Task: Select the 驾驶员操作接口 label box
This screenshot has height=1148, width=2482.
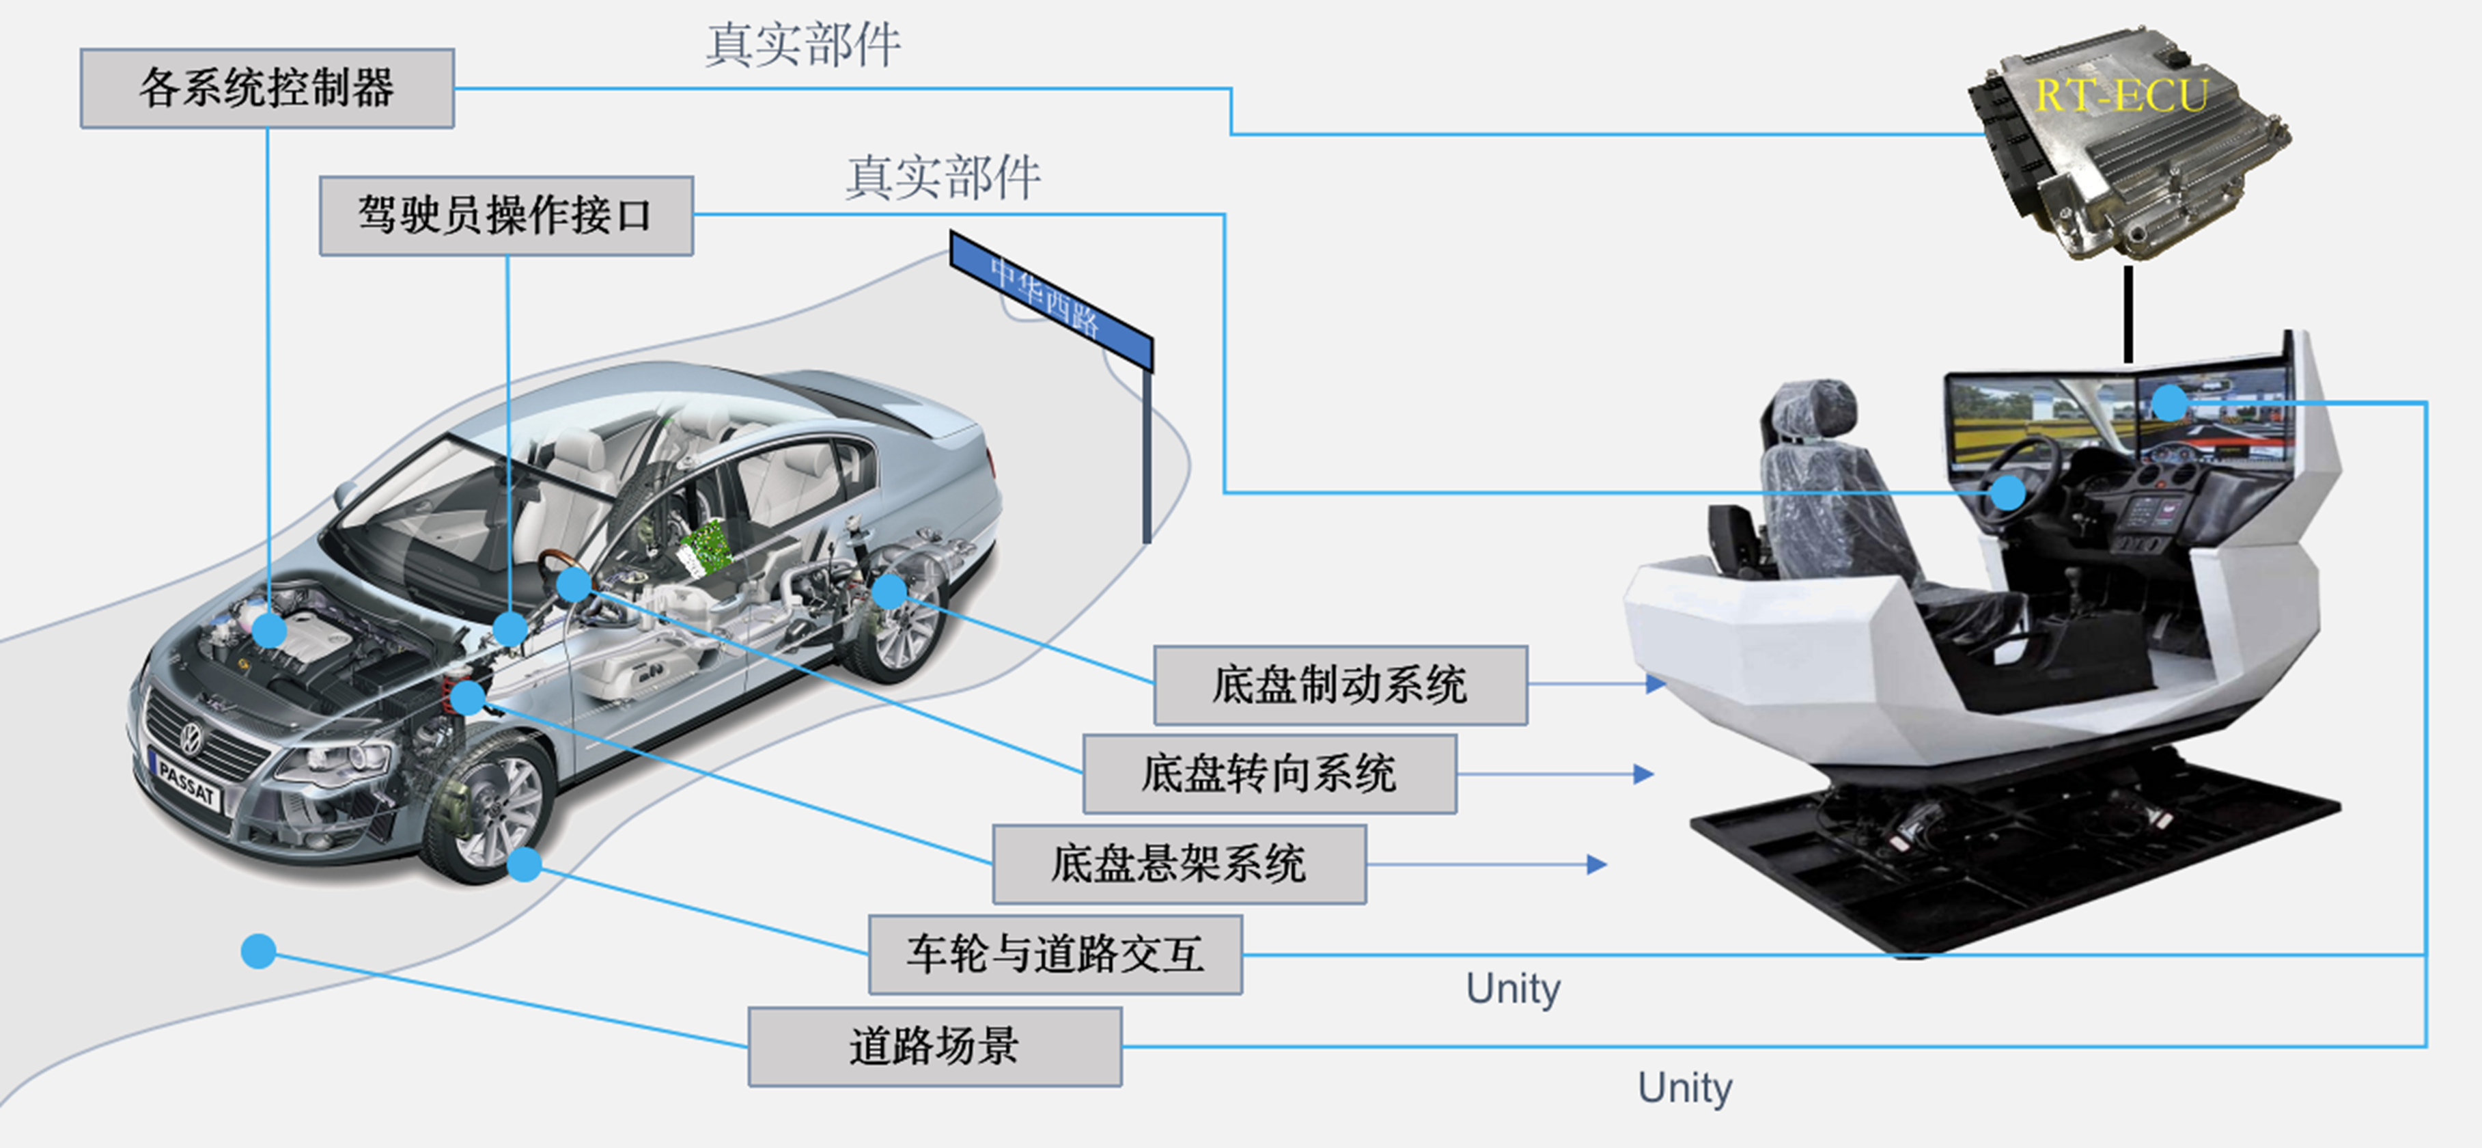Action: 506,216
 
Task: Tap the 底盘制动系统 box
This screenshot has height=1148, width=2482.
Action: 1340,685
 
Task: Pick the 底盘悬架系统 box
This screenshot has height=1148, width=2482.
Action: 1180,864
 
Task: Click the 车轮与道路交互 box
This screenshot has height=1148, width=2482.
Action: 1055,954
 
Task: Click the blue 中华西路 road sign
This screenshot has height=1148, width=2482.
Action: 1050,299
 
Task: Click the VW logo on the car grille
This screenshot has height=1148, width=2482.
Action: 193,739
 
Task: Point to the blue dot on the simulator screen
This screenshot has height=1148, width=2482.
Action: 2169,402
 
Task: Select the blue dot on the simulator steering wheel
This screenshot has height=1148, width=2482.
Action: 2008,493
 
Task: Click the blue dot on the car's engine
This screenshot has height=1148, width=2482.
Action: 269,631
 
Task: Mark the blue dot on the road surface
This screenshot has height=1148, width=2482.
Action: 258,951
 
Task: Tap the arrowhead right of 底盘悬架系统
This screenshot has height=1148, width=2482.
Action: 1597,864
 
